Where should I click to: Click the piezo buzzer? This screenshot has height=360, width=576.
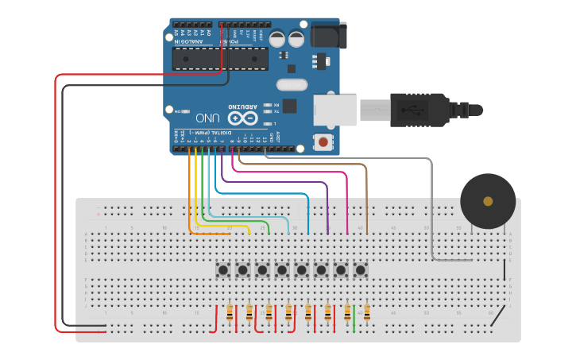pyautogui.click(x=487, y=201)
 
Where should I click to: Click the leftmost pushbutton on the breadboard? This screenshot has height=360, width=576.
pyautogui.click(x=223, y=270)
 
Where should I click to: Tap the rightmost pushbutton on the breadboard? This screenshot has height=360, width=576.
pyautogui.click(x=361, y=270)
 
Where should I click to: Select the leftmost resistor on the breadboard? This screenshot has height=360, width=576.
pyautogui.click(x=230, y=312)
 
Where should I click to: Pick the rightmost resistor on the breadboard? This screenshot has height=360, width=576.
pyautogui.click(x=367, y=312)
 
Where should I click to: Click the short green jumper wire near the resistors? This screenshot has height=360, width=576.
pyautogui.click(x=354, y=318)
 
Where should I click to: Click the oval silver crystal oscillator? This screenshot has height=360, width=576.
pyautogui.click(x=292, y=85)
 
